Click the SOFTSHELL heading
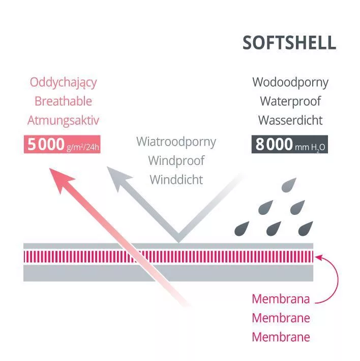[289, 43]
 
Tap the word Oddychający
[63, 82]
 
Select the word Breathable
[63, 101]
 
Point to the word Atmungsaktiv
[63, 121]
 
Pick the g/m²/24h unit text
[82, 147]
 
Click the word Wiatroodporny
[176, 141]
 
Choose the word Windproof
[176, 160]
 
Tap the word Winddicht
[176, 180]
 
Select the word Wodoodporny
[290, 82]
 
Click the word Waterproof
[290, 101]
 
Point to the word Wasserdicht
[290, 121]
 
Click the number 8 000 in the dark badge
[274, 145]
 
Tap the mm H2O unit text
[311, 147]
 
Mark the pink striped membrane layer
[168, 256]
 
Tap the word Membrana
[281, 299]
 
